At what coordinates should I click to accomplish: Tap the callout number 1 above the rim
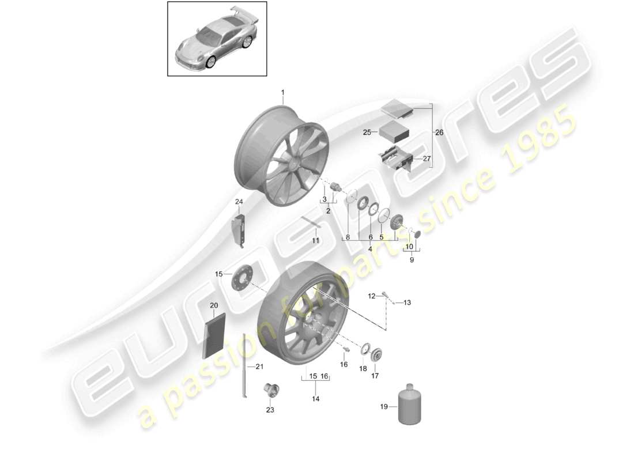(283, 92)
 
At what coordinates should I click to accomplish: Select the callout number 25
(366, 133)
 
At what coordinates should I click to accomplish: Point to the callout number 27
(427, 159)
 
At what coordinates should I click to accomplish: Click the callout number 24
(239, 201)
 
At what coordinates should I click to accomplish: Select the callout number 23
(270, 410)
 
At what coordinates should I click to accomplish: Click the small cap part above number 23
(268, 390)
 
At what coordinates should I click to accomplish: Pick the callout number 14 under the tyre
(316, 399)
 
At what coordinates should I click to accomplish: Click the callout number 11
(315, 240)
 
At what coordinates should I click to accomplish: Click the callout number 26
(439, 133)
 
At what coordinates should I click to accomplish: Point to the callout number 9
(412, 260)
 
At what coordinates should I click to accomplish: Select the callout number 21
(259, 366)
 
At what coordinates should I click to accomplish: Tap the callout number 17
(375, 376)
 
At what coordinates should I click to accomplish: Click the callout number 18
(363, 368)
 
